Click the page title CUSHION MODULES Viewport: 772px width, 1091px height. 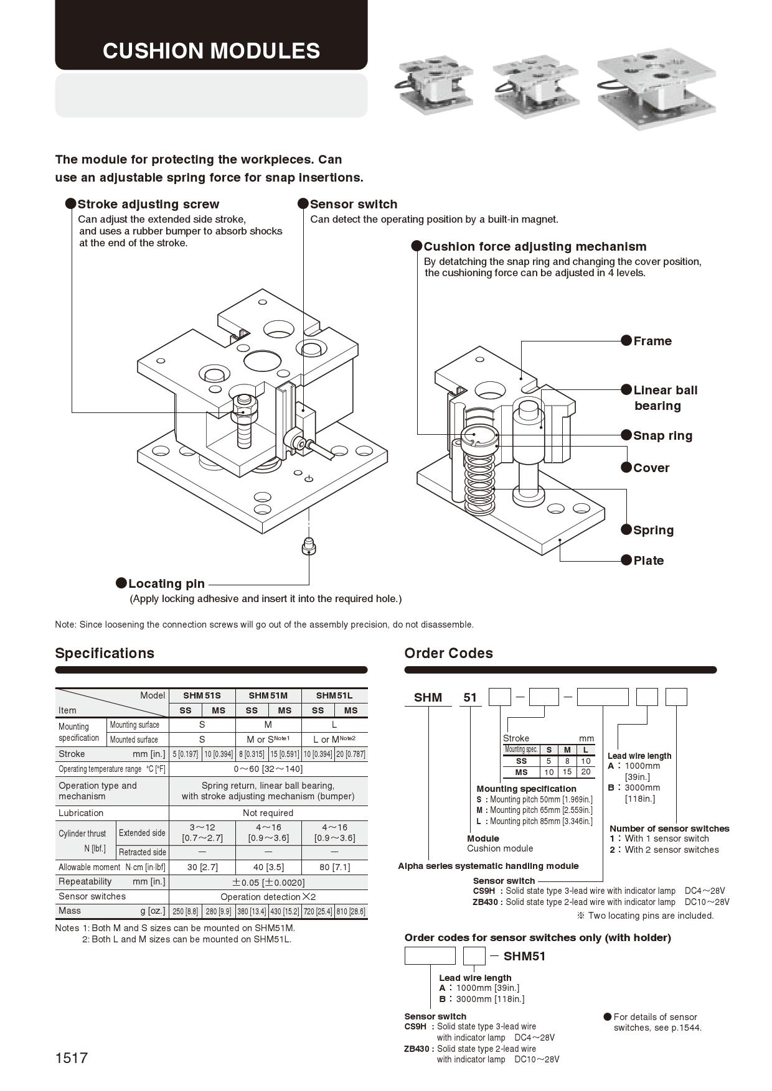pyautogui.click(x=211, y=51)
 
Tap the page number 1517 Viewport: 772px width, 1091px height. pyautogui.click(x=72, y=1057)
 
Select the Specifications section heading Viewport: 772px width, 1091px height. pyautogui.click(x=105, y=653)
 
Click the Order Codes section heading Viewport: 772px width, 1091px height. pyautogui.click(x=448, y=653)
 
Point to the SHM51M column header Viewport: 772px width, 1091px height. pyautogui.click(x=268, y=695)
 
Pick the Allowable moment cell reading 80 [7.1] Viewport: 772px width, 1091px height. pyautogui.click(x=334, y=867)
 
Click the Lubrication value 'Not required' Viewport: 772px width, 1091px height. pyautogui.click(x=268, y=813)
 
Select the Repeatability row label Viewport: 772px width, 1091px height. pyautogui.click(x=85, y=881)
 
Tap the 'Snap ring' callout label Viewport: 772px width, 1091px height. pyautogui.click(x=662, y=435)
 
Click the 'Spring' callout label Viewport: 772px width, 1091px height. pyautogui.click(x=653, y=530)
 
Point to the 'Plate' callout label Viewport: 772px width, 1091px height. pyautogui.click(x=648, y=560)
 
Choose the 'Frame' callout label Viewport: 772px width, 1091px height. pyautogui.click(x=652, y=341)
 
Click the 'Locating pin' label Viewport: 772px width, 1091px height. pyautogui.click(x=166, y=583)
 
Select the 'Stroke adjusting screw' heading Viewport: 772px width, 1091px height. pyautogui.click(x=148, y=204)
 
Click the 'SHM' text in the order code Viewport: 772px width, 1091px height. pyautogui.click(x=428, y=697)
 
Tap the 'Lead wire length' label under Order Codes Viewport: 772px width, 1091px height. pyautogui.click(x=639, y=756)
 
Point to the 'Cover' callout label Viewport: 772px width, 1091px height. pyautogui.click(x=651, y=468)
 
